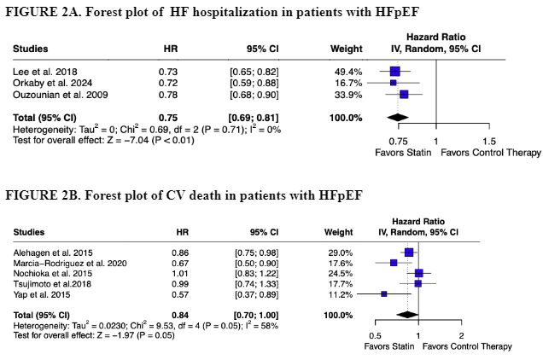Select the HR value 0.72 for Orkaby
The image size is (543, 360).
(171, 83)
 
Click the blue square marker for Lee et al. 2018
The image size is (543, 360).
(394, 72)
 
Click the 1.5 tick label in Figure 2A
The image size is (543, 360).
(488, 140)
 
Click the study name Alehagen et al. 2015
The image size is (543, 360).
(47, 253)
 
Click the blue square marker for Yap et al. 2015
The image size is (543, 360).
(383, 293)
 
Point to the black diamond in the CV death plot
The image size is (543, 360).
(409, 314)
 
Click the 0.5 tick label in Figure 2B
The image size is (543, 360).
(374, 335)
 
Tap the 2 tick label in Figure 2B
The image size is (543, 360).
(461, 335)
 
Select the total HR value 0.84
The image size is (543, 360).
(181, 314)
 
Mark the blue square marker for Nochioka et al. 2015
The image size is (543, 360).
(418, 273)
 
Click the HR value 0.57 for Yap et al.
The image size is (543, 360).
(181, 293)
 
